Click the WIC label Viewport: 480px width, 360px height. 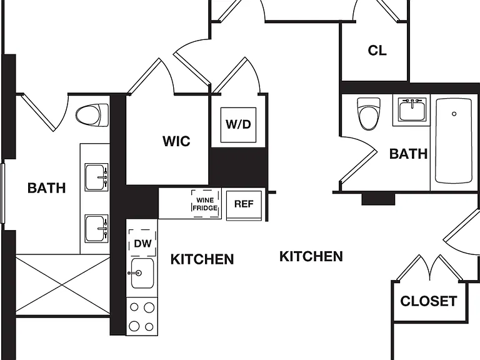176,141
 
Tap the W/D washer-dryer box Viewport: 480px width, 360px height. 239,124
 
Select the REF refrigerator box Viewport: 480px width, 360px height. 244,204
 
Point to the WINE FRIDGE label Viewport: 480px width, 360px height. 205,204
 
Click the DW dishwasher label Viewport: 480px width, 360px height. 142,244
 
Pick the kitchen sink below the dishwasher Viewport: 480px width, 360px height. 142,273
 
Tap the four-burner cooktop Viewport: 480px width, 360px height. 142,316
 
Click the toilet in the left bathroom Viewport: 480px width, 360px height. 92,116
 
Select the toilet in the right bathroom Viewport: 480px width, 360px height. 369,114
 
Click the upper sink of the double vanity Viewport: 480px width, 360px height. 96,177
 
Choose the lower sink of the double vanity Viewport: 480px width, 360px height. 96,229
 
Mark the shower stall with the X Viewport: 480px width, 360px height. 62,286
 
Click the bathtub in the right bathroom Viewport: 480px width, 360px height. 453,141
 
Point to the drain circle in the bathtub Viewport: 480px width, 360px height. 454,114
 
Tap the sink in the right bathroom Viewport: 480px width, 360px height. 412,109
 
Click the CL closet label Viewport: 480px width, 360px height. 377,51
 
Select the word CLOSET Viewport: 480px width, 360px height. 429,301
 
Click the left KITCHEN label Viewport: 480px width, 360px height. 202,259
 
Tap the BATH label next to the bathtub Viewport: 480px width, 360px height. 408,154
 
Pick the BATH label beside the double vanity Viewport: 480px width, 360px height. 46,187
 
